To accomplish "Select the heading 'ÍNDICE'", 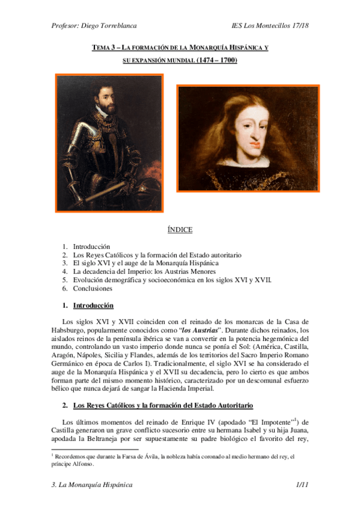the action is (x=180, y=230).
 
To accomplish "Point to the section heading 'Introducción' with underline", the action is (x=93, y=306).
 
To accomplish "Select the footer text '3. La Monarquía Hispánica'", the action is (x=92, y=484).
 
